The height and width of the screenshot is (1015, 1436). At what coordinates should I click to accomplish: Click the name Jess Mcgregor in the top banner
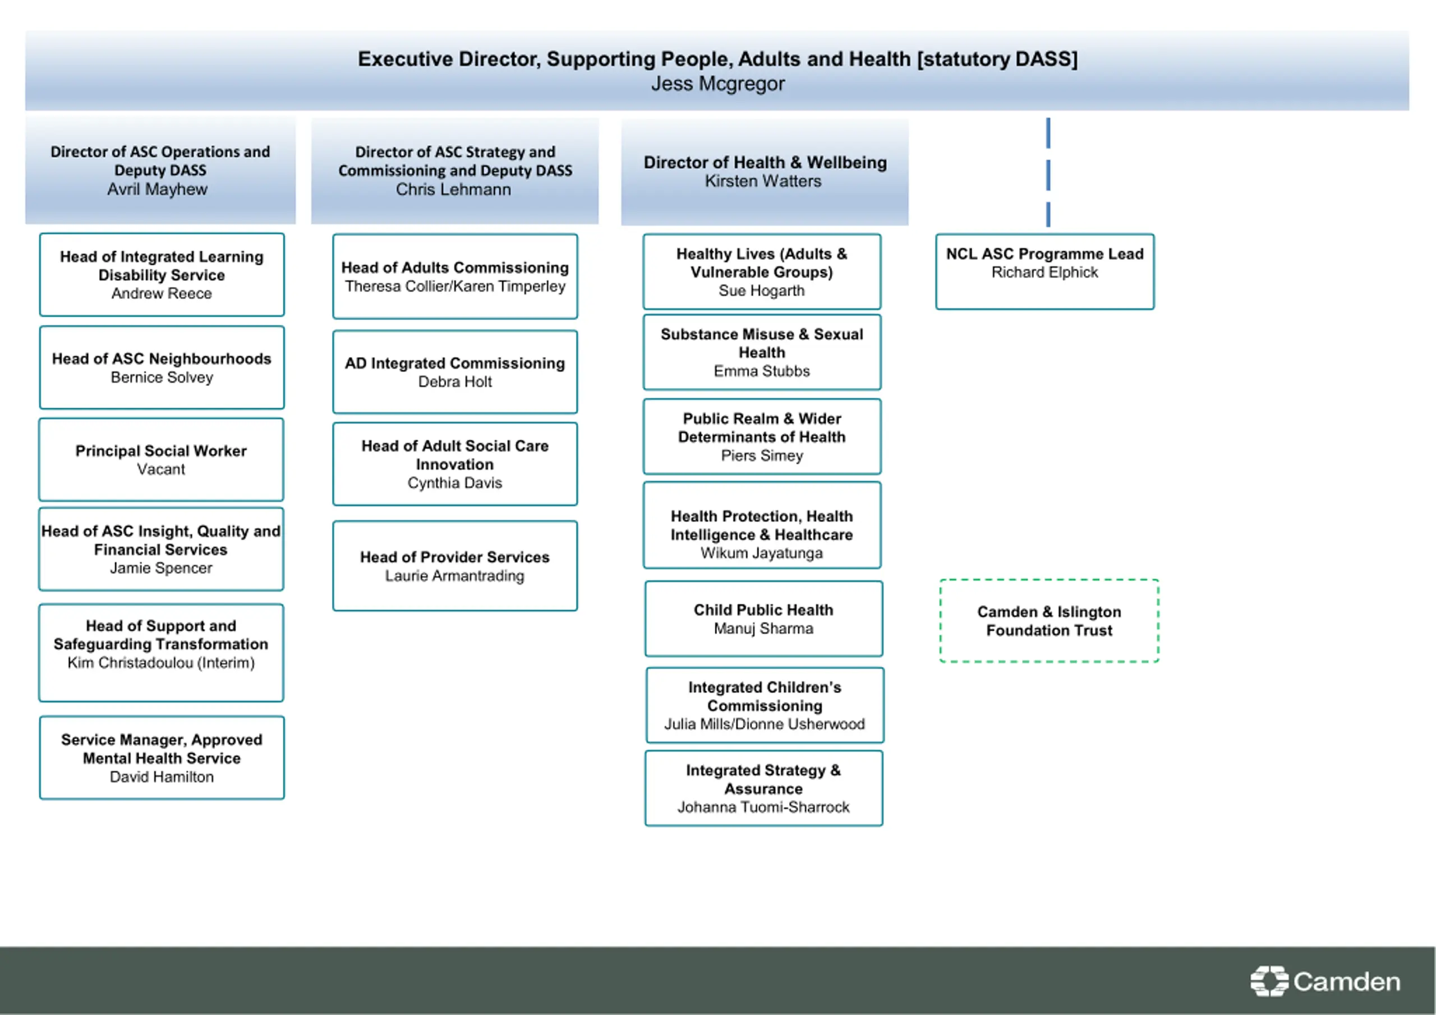pyautogui.click(x=717, y=84)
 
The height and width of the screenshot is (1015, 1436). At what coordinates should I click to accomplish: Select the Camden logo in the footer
pyautogui.click(x=1325, y=981)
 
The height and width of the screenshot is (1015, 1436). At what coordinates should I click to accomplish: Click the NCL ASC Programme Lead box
pyautogui.click(x=1044, y=271)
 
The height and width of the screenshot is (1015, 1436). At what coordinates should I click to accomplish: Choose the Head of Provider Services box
pyautogui.click(x=455, y=565)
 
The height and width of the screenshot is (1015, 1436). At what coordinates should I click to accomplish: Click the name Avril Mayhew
pyautogui.click(x=157, y=190)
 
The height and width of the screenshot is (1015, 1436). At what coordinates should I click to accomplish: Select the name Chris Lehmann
pyautogui.click(x=453, y=190)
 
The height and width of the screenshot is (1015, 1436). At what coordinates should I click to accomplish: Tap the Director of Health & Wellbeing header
pyautogui.click(x=765, y=172)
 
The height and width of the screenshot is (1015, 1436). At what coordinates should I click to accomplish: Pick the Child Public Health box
pyautogui.click(x=763, y=619)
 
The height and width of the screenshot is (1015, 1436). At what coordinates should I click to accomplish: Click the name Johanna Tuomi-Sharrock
pyautogui.click(x=763, y=808)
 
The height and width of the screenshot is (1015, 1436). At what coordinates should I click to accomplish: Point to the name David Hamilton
pyautogui.click(x=162, y=777)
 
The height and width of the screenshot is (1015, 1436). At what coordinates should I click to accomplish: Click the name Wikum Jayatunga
pyautogui.click(x=762, y=553)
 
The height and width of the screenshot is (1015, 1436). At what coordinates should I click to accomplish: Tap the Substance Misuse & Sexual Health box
pyautogui.click(x=762, y=352)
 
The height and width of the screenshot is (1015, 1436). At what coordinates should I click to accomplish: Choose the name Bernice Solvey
pyautogui.click(x=162, y=378)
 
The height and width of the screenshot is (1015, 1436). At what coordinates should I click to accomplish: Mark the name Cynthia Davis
pyautogui.click(x=455, y=483)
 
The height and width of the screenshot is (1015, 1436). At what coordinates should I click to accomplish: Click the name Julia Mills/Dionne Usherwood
pyautogui.click(x=765, y=724)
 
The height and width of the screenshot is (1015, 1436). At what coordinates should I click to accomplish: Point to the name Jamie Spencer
pyautogui.click(x=161, y=569)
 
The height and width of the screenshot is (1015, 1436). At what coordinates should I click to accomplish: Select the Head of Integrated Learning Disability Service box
pyautogui.click(x=162, y=275)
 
